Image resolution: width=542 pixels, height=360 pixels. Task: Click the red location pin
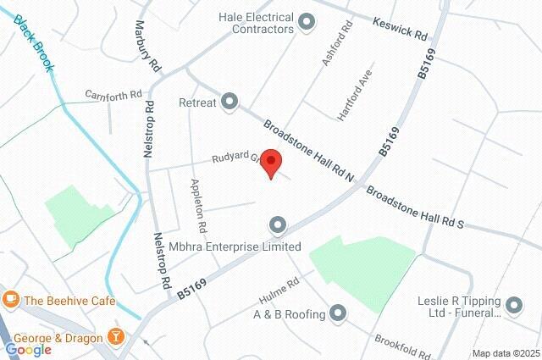270,161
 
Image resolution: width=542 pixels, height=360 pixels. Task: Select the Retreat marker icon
230,102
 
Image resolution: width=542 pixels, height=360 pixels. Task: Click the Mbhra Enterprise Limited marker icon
277,225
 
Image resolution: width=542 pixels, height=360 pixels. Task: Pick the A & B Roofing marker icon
338,314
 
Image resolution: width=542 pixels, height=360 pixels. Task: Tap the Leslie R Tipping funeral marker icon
514,303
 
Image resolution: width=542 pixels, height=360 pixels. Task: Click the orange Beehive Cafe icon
11,299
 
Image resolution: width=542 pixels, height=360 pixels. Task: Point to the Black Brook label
35,43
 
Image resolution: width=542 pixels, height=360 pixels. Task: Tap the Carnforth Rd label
112,95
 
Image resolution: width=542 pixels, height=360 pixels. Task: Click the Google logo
28,350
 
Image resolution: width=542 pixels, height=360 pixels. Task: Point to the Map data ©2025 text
506,353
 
